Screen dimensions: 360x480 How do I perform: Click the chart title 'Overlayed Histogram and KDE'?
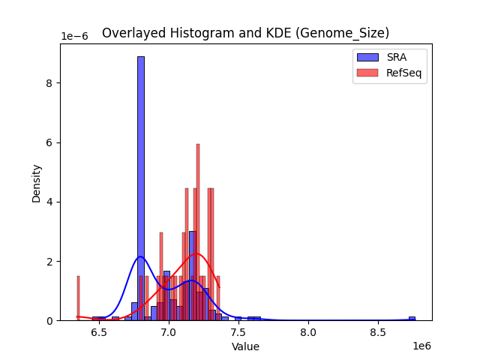tap(245, 33)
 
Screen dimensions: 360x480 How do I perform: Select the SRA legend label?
tap(397, 57)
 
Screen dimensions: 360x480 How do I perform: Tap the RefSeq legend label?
tap(403, 72)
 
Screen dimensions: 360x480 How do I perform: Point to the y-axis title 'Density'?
tap(36, 182)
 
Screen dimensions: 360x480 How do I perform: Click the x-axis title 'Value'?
tap(245, 346)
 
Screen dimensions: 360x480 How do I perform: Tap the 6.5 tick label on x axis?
tap(99, 331)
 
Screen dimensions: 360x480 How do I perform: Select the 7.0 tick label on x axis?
tap(169, 331)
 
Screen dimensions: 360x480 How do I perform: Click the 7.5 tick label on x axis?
tap(238, 331)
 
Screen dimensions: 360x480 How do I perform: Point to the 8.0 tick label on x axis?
tap(308, 331)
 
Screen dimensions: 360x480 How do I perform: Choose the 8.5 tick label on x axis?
tap(378, 331)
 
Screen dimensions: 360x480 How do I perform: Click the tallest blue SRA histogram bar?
tap(140, 187)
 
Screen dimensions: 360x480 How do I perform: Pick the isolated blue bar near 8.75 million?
tap(412, 318)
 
